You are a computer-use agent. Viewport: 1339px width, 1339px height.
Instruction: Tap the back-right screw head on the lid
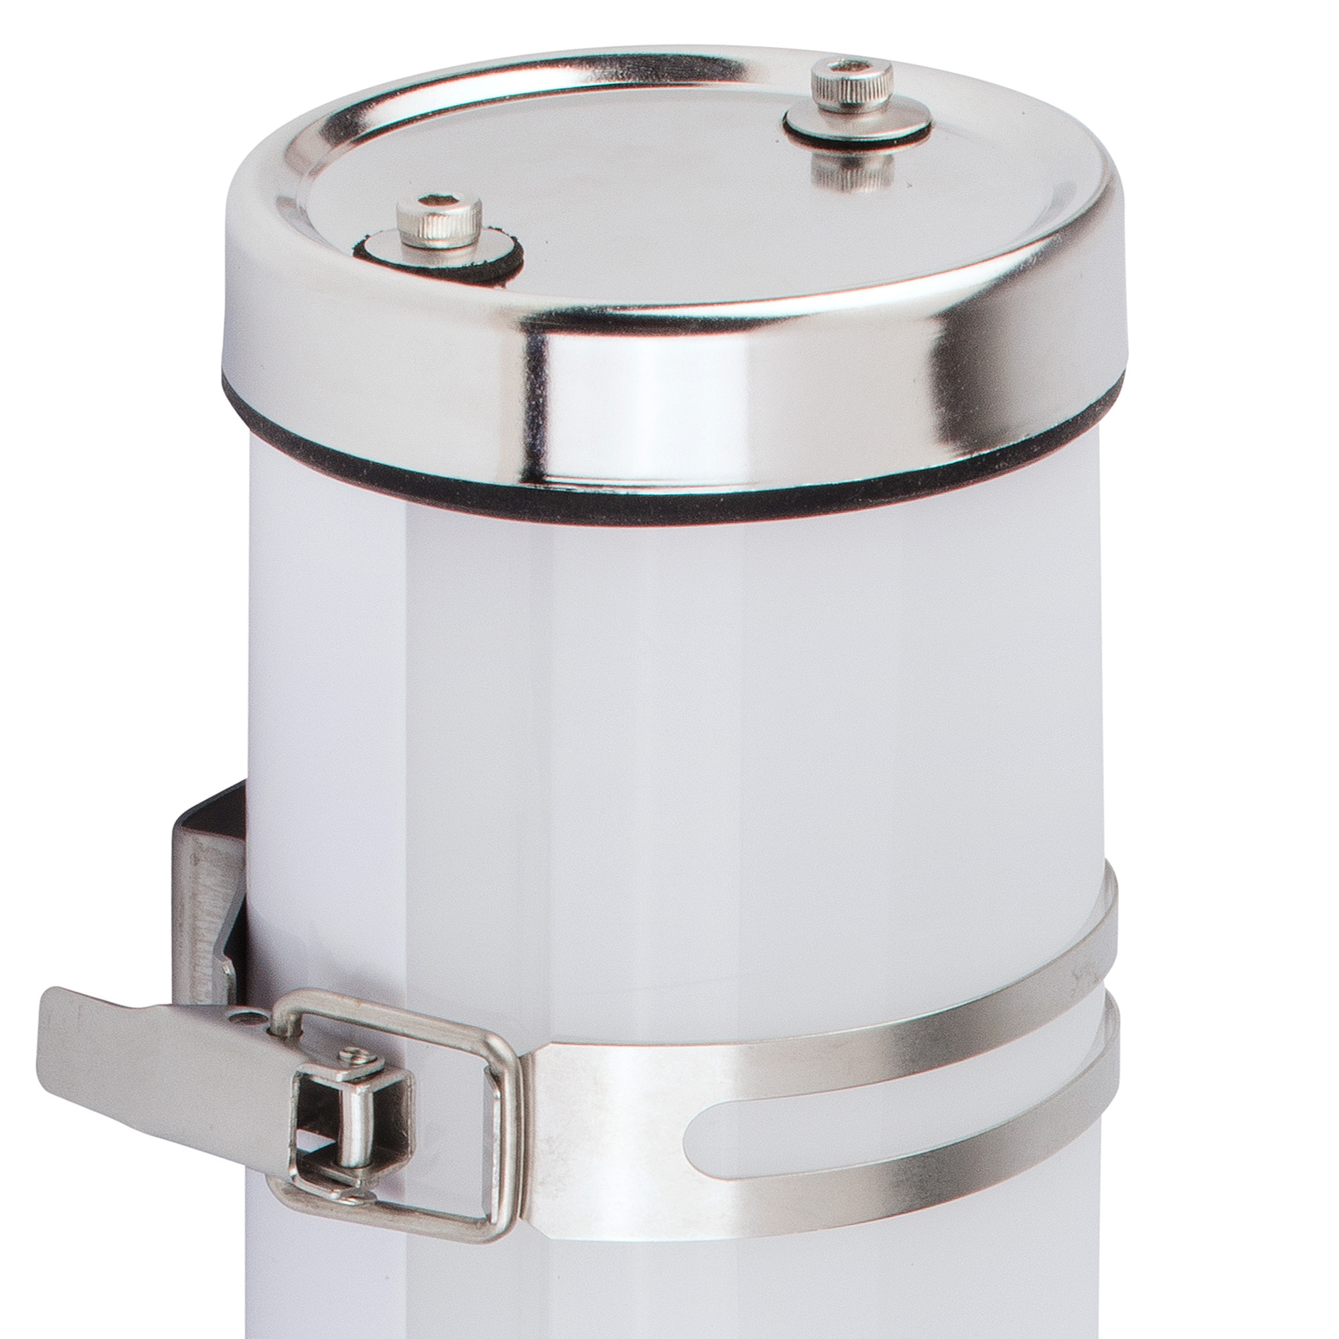(x=852, y=86)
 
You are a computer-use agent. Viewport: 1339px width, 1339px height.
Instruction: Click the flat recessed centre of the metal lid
(x=658, y=208)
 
